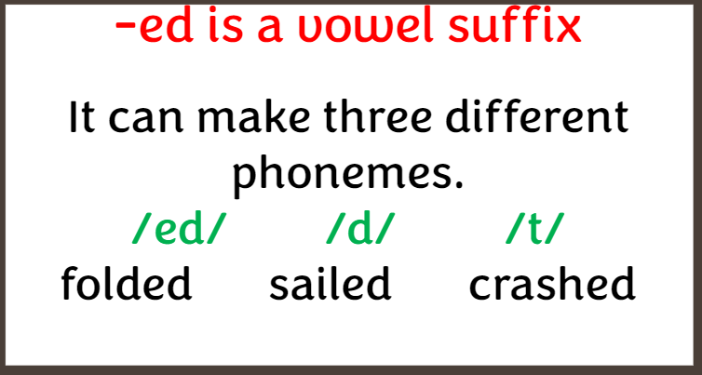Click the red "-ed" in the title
[x=155, y=25]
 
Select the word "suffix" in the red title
[x=515, y=25]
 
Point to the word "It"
[x=82, y=116]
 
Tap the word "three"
[x=378, y=116]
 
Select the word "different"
[x=537, y=116]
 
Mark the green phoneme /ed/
[x=177, y=229]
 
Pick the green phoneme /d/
[x=361, y=229]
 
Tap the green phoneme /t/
[x=533, y=229]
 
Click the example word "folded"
[x=127, y=283]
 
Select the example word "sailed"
[x=331, y=283]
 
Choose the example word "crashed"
[x=552, y=283]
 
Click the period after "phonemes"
[x=458, y=184]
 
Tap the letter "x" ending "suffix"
[x=568, y=31]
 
